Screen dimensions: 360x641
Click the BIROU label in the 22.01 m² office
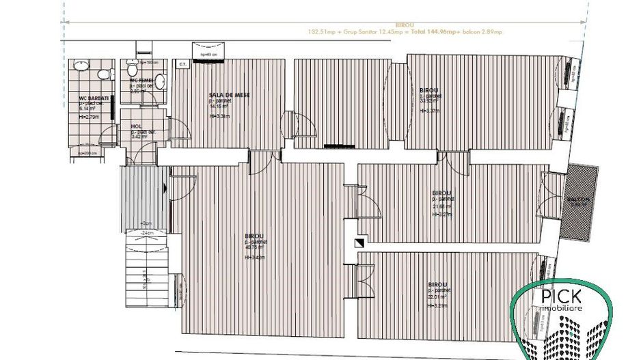click(x=437, y=284)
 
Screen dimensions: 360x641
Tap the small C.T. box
click(x=182, y=65)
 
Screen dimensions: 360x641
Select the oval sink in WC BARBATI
click(x=81, y=67)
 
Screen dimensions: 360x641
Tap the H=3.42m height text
click(x=254, y=258)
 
